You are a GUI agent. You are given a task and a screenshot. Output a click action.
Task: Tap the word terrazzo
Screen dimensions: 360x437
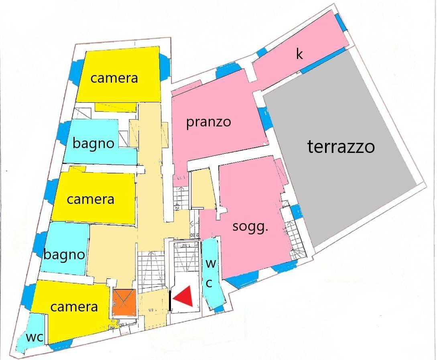[341, 147]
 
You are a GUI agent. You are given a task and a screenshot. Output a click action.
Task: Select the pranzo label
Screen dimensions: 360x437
[208, 122]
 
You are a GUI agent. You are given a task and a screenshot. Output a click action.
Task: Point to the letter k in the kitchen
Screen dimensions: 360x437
[299, 54]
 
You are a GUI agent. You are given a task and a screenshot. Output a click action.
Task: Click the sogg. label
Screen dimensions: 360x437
[250, 227]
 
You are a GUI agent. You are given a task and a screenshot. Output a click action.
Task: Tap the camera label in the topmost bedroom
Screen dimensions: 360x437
[114, 78]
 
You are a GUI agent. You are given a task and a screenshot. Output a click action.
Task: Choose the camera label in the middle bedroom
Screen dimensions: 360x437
[90, 199]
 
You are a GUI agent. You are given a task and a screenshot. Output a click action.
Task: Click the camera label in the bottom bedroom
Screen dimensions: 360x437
[74, 307]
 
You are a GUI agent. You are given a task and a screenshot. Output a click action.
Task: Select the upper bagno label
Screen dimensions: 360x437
[93, 143]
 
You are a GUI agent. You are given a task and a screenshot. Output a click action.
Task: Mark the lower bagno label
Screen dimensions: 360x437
[64, 254]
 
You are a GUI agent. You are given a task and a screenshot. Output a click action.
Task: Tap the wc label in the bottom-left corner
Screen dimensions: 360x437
[34, 338]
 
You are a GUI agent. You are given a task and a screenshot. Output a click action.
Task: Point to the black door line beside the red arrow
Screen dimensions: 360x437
[171, 301]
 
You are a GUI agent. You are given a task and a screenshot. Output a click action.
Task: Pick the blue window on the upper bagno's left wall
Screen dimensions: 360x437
[65, 132]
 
